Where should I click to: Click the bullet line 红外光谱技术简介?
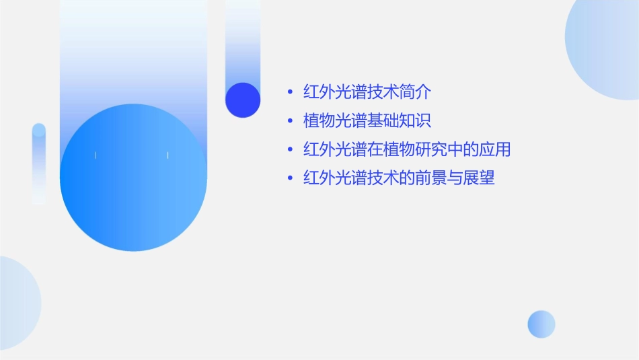pos(367,92)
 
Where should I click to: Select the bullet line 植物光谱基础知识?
pos(367,121)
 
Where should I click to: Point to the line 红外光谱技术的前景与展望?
pos(399,178)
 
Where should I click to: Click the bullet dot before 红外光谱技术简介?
pos(290,92)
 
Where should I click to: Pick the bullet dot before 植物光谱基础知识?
pos(290,121)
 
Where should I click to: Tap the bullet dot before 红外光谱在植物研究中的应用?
pos(290,149)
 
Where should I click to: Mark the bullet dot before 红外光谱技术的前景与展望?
pos(290,178)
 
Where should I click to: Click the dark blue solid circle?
pos(243,100)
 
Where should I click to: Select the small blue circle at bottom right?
pos(541,324)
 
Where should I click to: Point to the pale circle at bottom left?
pos(17,303)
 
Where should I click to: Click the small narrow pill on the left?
pos(39,163)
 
